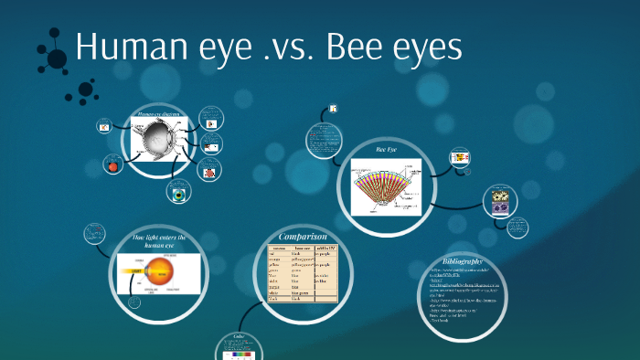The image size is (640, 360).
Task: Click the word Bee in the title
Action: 349,48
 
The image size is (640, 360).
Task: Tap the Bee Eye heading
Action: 388,148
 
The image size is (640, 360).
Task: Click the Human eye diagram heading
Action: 160,114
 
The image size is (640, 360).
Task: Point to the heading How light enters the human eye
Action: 159,241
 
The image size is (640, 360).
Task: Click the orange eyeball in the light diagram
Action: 165,271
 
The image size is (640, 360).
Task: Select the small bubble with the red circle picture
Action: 113,166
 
